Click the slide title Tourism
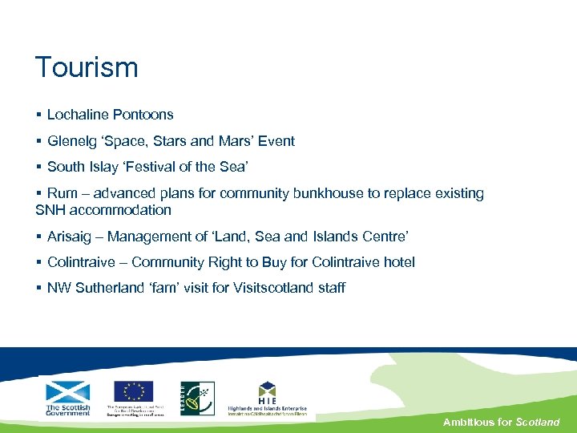coord(87,67)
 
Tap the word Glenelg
coord(70,141)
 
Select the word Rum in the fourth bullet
coord(63,193)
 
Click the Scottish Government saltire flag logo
coord(68,393)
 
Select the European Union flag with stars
coord(133,391)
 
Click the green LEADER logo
coord(197,398)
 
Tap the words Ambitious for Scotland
coord(502,422)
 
